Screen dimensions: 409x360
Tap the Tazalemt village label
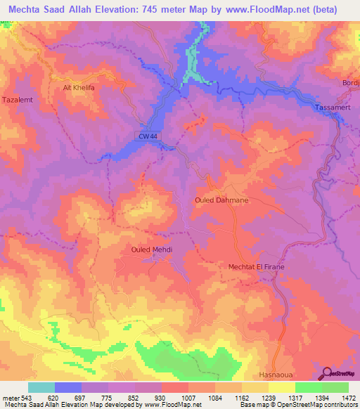(x=19, y=100)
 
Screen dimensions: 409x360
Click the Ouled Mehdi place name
(x=152, y=249)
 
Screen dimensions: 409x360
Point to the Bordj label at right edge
(x=350, y=83)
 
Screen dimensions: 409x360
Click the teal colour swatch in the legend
(x=41, y=387)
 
